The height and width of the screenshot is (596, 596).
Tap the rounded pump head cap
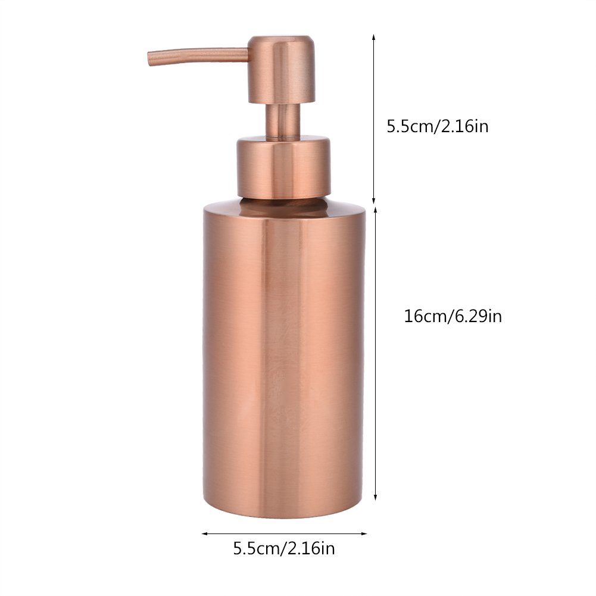coord(282,69)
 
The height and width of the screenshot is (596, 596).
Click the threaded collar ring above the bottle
coord(283,167)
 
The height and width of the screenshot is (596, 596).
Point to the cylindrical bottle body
coord(284,359)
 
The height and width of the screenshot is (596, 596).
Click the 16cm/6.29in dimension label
coord(453,316)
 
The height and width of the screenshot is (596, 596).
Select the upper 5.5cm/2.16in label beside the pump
coord(438,126)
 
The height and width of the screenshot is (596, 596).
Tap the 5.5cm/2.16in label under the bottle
coord(284,548)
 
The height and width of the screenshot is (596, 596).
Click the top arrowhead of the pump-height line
coord(374,37)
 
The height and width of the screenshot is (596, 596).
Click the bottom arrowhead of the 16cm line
coord(376,498)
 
